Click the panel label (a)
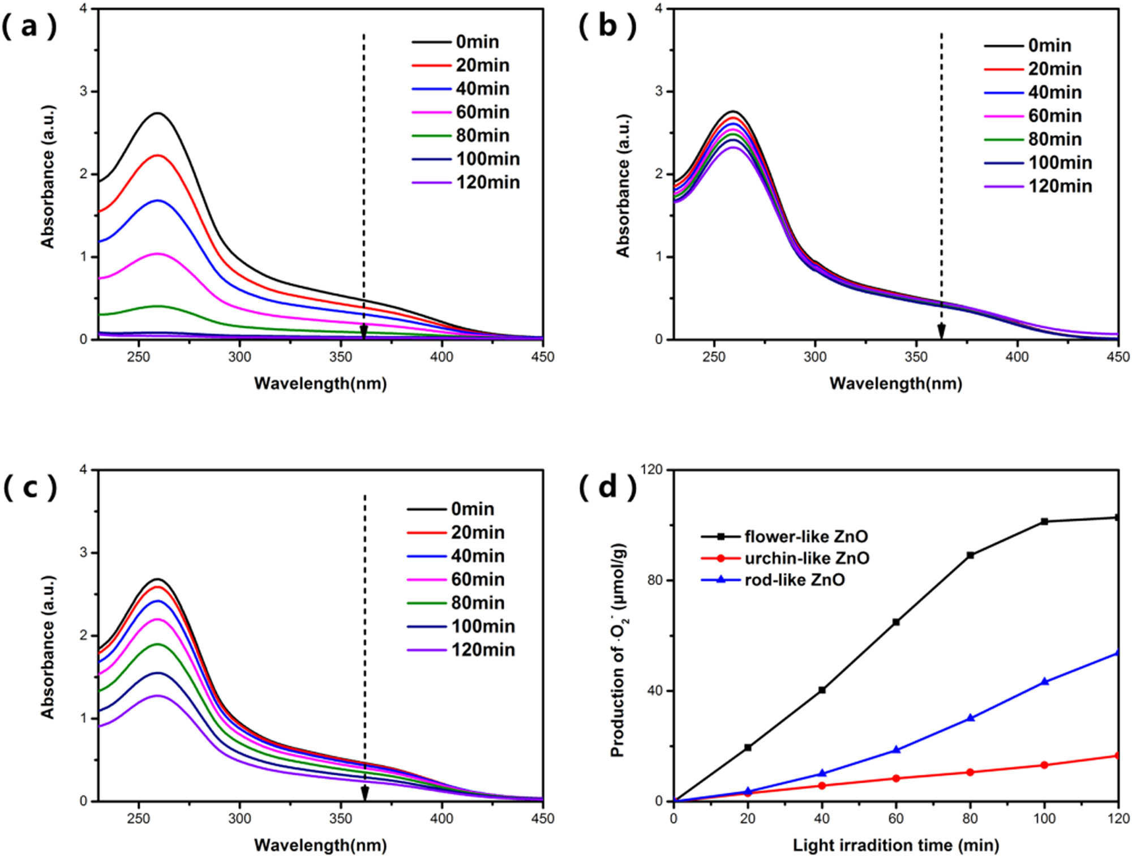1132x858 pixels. point(29,27)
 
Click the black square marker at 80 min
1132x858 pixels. point(970,555)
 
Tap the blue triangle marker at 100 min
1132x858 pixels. point(1045,681)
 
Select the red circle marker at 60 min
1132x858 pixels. point(896,778)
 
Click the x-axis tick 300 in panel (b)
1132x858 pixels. point(815,357)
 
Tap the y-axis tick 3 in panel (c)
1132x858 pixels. point(83,552)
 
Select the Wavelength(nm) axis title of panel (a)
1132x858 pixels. point(320,383)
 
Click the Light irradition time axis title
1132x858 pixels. point(895,845)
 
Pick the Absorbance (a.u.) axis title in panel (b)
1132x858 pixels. point(623,186)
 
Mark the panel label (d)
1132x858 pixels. point(607,488)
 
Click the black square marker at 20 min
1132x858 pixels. point(748,748)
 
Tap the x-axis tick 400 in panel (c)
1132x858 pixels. point(441,818)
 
